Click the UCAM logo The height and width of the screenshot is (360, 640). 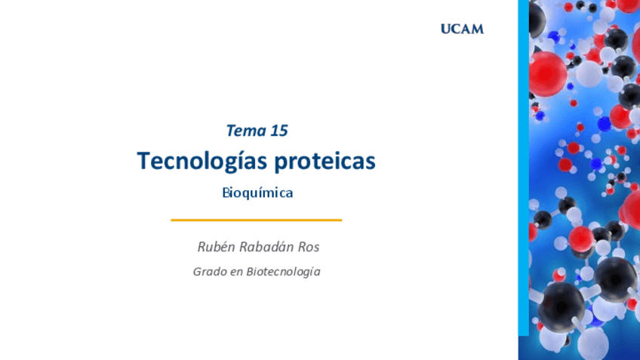click(462, 29)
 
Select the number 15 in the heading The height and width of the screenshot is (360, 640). click(279, 131)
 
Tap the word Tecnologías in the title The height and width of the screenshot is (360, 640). click(202, 162)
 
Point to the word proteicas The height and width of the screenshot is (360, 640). click(325, 162)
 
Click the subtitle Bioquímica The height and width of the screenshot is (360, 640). click(257, 192)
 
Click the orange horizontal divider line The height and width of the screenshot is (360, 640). click(257, 220)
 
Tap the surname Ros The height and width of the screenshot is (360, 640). click(309, 247)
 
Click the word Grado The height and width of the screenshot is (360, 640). click(210, 272)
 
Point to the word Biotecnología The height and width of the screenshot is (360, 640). click(283, 272)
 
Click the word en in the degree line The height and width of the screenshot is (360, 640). click(236, 272)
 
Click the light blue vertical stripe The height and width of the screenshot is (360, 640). click(524, 168)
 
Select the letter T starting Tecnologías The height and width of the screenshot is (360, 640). click(143, 161)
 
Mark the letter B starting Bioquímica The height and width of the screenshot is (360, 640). click(226, 192)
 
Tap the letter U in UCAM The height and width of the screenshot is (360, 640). click(446, 29)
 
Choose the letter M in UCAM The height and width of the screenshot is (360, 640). click(478, 29)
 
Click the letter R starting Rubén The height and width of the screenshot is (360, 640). click(202, 247)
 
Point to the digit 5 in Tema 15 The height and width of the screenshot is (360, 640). click(283, 131)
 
